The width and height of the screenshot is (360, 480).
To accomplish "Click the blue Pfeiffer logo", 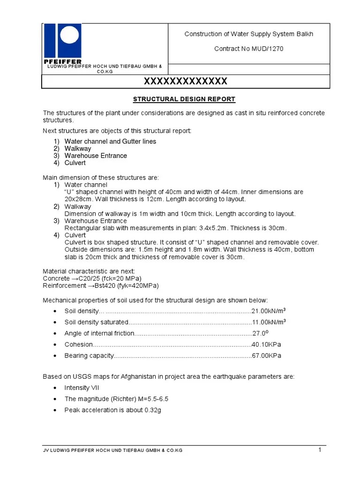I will click(x=62, y=43).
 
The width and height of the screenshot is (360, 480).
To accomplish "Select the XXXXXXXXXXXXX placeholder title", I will click(x=185, y=82).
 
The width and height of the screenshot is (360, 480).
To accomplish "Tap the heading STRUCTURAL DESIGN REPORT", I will click(x=184, y=99).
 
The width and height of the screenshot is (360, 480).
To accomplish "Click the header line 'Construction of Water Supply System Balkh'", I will click(x=248, y=34).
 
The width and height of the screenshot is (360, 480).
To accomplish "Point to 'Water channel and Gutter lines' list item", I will click(x=110, y=142).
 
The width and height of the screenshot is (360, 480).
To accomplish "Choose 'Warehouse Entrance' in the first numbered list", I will click(x=96, y=156).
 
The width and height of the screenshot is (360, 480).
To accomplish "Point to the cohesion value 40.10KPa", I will click(x=266, y=345).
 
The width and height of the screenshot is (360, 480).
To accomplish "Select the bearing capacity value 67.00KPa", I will click(x=266, y=356).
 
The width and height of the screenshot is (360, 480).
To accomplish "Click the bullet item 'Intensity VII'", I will click(x=82, y=388).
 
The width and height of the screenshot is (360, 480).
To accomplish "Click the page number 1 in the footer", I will click(x=320, y=450).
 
